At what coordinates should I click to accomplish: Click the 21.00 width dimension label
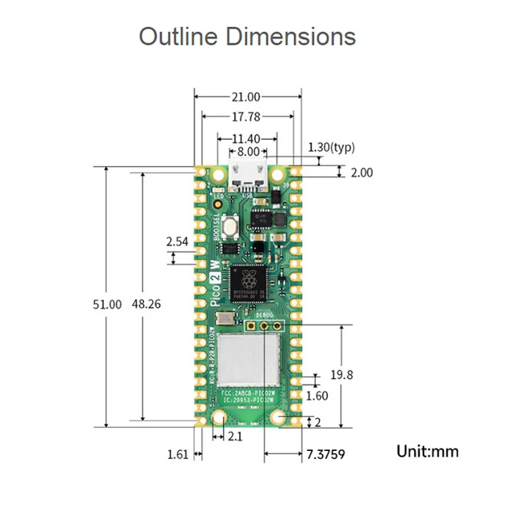click(x=246, y=97)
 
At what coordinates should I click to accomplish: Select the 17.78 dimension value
click(x=246, y=117)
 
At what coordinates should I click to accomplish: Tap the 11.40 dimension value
click(x=246, y=138)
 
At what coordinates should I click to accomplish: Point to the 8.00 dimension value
click(x=248, y=152)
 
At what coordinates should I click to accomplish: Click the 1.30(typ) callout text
click(x=331, y=148)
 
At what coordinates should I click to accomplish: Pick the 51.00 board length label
click(x=107, y=305)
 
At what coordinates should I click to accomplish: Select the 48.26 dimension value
click(x=146, y=305)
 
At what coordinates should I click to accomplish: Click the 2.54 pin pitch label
click(x=177, y=242)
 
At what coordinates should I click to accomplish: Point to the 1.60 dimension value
click(x=317, y=395)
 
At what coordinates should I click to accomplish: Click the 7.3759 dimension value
click(x=326, y=455)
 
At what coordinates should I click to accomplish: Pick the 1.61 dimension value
click(x=178, y=455)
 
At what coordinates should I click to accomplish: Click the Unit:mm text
click(x=427, y=452)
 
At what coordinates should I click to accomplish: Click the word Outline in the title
click(x=175, y=36)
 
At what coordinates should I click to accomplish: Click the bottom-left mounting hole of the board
click(x=219, y=418)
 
